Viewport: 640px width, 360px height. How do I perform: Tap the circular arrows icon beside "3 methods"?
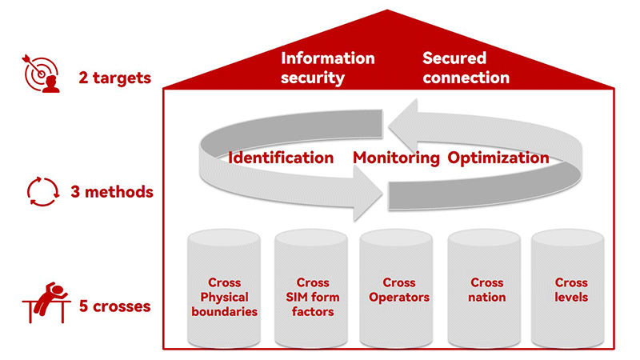(x=42, y=192)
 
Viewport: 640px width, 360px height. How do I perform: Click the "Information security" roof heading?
(x=328, y=68)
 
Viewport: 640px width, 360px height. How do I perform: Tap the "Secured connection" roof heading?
(x=466, y=68)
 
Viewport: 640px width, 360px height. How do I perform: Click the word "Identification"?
(x=281, y=158)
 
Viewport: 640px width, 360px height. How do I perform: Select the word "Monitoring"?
(x=397, y=158)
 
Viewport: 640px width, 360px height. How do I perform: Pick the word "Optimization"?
(x=498, y=158)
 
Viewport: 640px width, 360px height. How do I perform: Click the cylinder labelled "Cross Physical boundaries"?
(x=224, y=288)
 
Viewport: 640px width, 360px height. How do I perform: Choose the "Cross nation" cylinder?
(x=487, y=288)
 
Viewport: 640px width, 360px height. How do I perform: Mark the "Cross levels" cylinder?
(x=571, y=288)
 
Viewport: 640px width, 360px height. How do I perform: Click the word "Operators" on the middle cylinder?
(x=399, y=298)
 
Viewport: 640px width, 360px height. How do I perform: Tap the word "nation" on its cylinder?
(x=487, y=298)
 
